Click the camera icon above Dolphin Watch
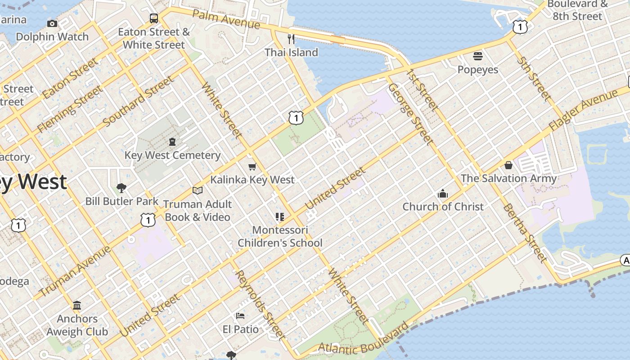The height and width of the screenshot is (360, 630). pos(52,23)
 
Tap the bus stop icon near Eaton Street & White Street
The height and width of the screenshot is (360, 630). pos(154,18)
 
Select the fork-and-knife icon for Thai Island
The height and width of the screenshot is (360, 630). pos(291,39)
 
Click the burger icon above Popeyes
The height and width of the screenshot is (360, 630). pos(477,56)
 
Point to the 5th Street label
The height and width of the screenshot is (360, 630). pos(534,77)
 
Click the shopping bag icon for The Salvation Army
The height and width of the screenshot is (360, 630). pos(508,165)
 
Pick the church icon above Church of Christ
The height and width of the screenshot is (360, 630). pos(443,194)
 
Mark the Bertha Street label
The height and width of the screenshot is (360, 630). pos(525,232)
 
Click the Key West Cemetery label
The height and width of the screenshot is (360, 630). pos(172,155)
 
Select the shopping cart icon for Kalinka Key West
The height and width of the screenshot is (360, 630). pos(252,166)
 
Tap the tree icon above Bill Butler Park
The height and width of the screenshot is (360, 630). pos(121,188)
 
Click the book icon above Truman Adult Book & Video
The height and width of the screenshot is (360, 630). pos(197,190)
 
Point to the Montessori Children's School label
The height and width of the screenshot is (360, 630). pos(280,237)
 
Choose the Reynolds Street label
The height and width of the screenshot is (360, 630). pos(261,304)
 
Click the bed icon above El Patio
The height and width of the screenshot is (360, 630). pos(240,316)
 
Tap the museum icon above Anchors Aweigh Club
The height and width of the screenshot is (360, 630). pos(77,306)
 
